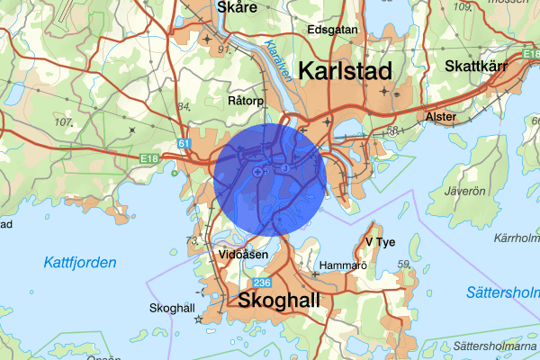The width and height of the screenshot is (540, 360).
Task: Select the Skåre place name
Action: click(x=238, y=7)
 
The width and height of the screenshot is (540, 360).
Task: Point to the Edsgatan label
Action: click(x=333, y=29)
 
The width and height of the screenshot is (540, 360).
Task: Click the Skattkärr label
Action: click(x=481, y=66)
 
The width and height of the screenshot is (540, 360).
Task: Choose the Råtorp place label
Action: click(x=246, y=101)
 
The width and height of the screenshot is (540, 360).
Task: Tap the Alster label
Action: click(x=440, y=117)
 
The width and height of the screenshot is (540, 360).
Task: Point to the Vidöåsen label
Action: click(x=243, y=255)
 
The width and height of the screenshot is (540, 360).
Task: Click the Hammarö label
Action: click(x=342, y=266)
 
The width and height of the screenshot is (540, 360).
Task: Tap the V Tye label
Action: click(x=381, y=242)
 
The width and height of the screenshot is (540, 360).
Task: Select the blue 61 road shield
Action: click(x=184, y=143)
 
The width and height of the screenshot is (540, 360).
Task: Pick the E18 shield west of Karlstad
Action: click(x=148, y=160)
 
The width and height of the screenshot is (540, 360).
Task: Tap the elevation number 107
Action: click(x=63, y=121)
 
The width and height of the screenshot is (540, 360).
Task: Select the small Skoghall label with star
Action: click(x=170, y=308)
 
